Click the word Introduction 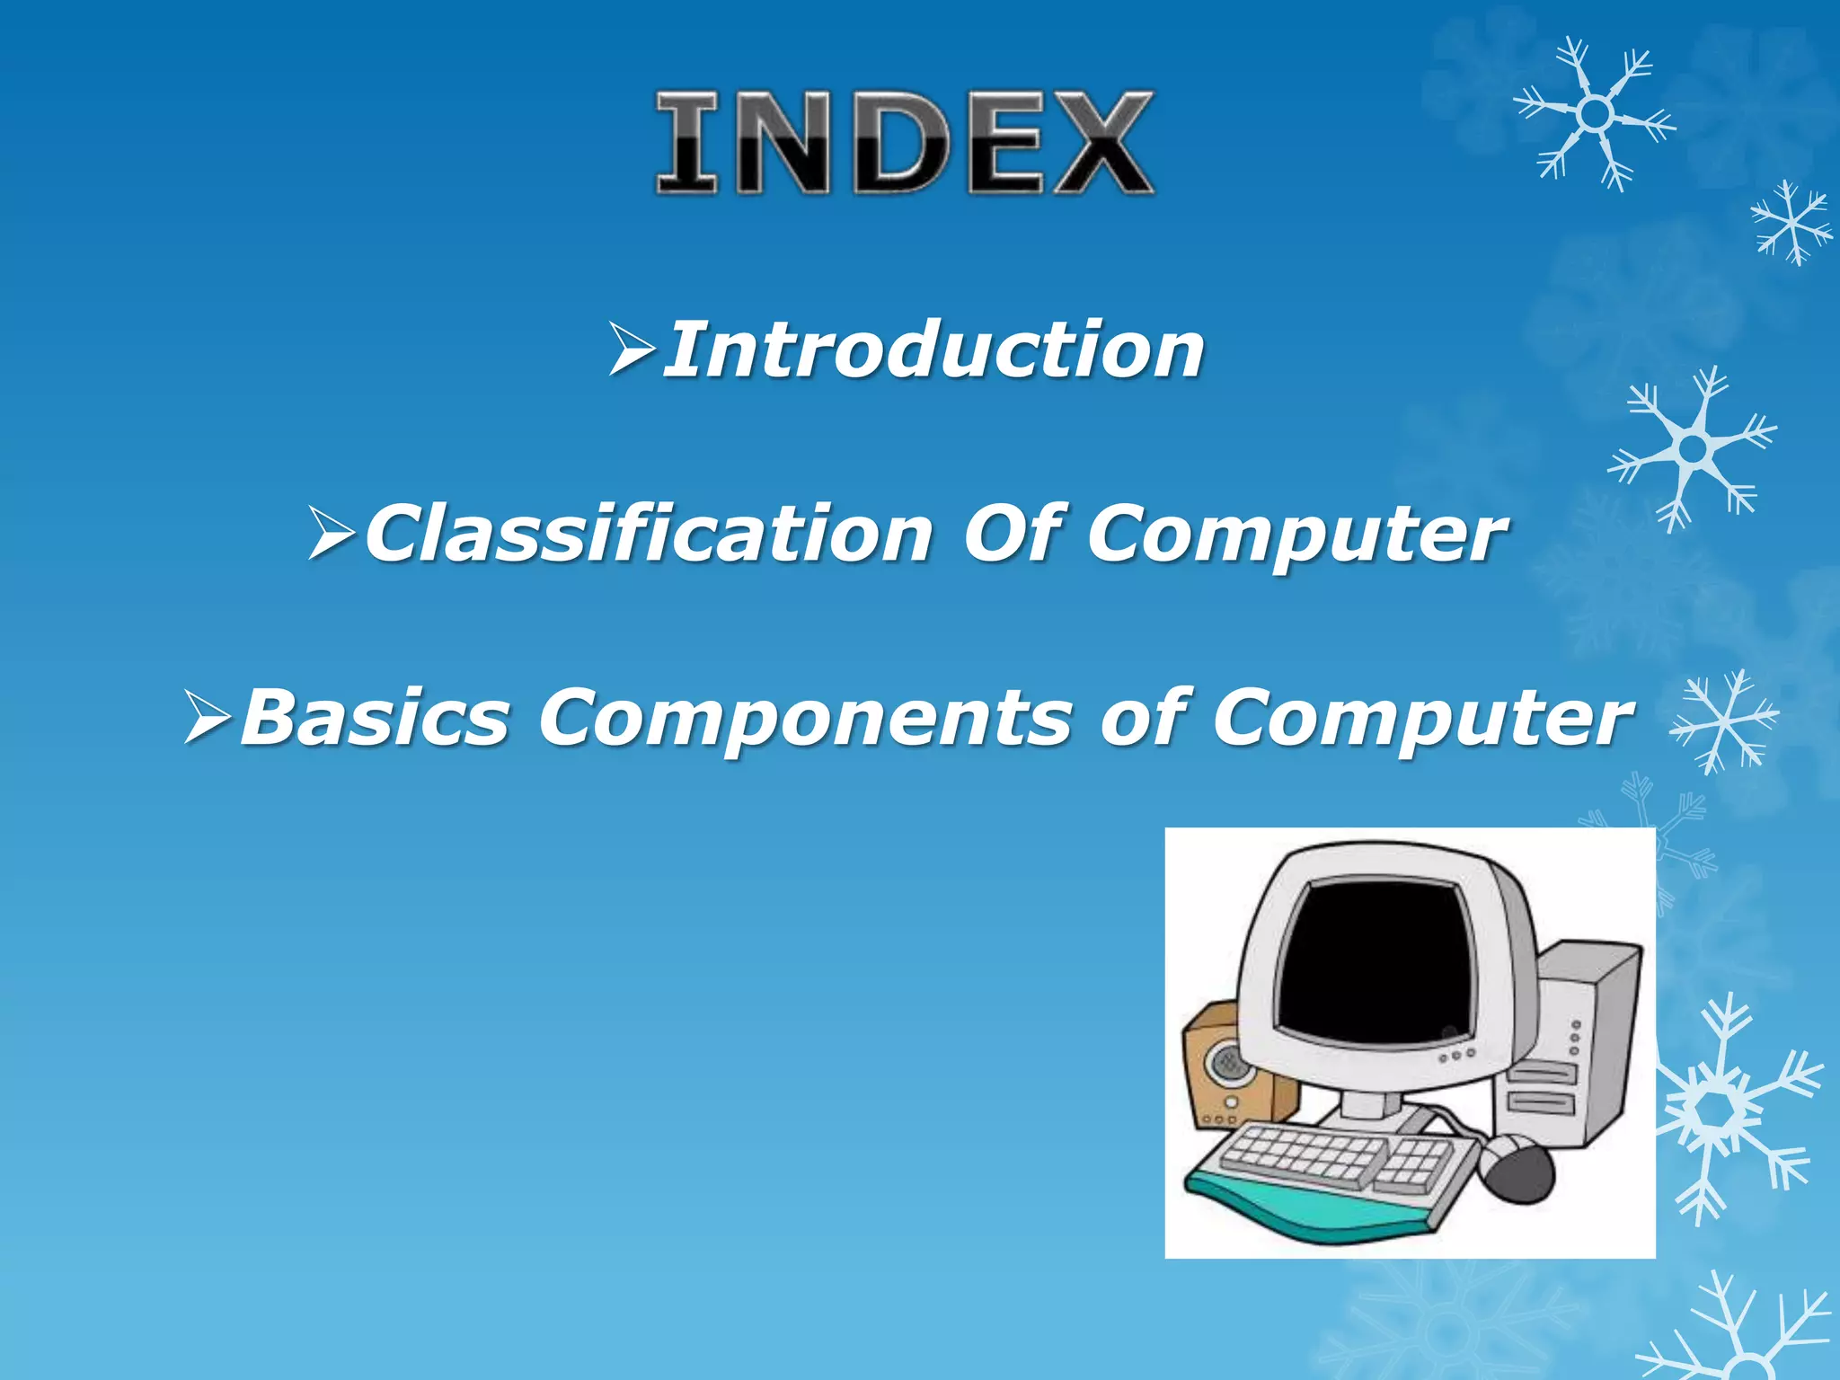click(934, 350)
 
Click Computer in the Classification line click(1297, 535)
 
